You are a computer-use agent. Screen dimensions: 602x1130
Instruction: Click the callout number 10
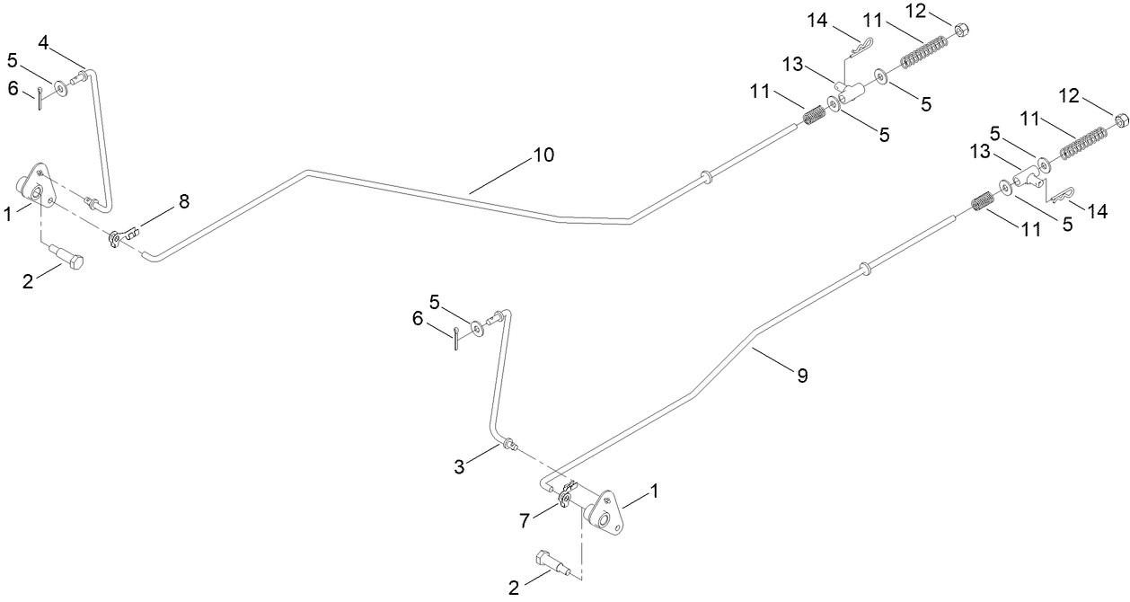coord(543,155)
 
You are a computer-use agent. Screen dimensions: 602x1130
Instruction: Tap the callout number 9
coord(802,376)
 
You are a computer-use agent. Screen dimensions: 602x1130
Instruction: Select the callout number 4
coord(43,41)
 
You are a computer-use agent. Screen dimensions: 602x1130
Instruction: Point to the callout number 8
coord(183,201)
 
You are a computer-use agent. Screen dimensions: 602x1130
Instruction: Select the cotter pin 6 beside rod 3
coord(457,340)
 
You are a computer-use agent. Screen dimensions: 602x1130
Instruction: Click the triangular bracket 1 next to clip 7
coord(605,514)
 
